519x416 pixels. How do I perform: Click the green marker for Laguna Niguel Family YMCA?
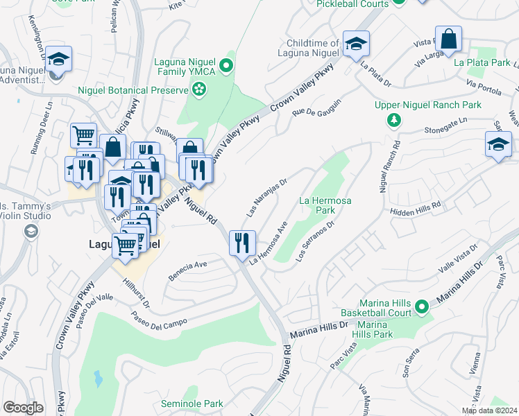[226, 66]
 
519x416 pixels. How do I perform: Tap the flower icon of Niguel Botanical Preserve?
[199, 89]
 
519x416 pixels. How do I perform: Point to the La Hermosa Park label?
[325, 205]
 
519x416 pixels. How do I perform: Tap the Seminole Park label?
[192, 404]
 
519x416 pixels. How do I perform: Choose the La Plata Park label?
[482, 62]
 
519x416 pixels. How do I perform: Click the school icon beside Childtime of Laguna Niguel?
[356, 44]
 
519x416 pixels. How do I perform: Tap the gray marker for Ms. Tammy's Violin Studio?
[30, 232]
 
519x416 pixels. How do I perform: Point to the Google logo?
[23, 408]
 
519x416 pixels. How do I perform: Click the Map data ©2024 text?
[489, 410]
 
